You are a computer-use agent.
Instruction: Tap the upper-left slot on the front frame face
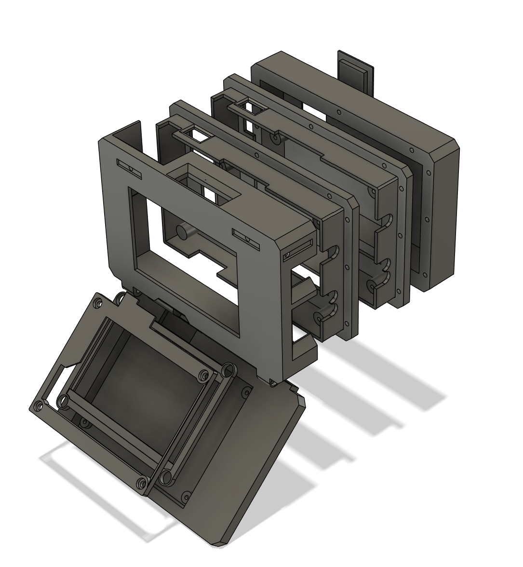point(129,166)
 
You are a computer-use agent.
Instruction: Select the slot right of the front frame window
point(246,236)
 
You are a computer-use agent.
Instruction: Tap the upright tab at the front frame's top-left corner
point(129,132)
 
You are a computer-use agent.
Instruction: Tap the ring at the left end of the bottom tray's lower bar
point(63,401)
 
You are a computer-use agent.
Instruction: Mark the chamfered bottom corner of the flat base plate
point(219,542)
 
